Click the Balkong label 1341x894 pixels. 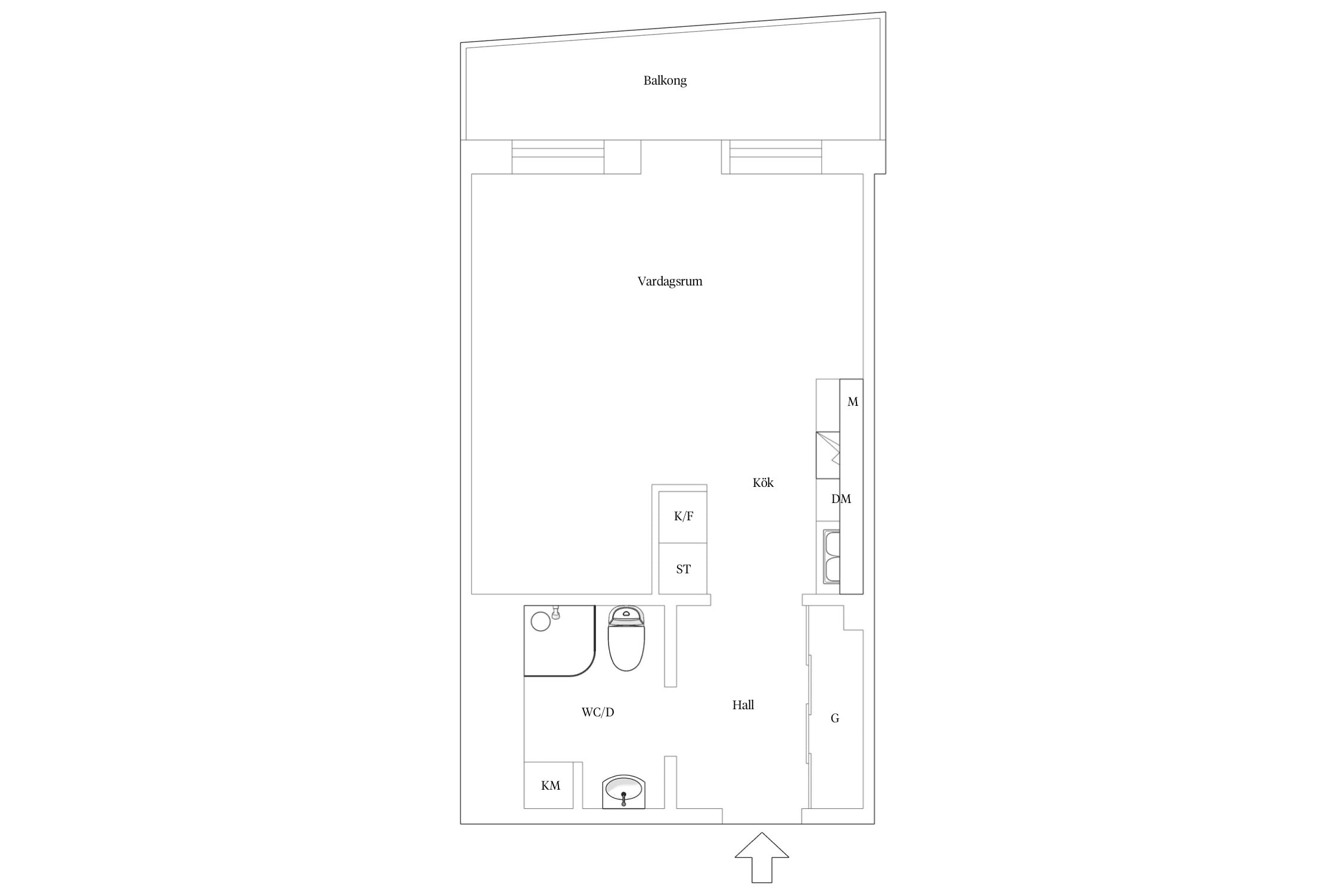click(x=665, y=80)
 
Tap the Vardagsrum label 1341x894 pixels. click(x=670, y=281)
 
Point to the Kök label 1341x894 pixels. click(x=763, y=483)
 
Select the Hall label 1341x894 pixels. click(x=743, y=705)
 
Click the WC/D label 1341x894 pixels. click(x=598, y=712)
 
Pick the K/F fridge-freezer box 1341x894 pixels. click(x=683, y=517)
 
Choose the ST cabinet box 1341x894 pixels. click(x=683, y=569)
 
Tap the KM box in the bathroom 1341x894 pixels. click(x=548, y=785)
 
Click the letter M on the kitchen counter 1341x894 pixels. click(x=853, y=402)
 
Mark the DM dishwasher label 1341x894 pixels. click(x=841, y=499)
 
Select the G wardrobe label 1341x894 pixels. click(x=835, y=719)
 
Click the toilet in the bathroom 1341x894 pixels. click(x=626, y=638)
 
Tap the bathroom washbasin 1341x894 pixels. click(x=624, y=791)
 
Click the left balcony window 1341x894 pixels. click(x=558, y=157)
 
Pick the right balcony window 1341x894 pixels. click(x=776, y=157)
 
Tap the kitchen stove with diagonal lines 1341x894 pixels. click(x=828, y=455)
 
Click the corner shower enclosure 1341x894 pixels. click(x=560, y=641)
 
